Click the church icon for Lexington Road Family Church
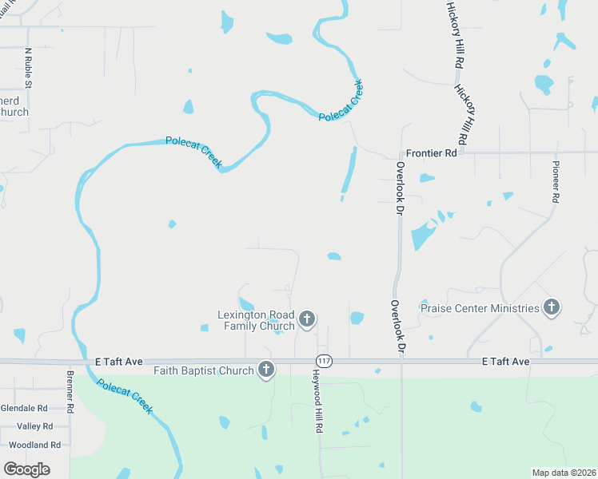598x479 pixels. [306, 320]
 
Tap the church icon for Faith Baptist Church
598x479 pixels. [266, 370]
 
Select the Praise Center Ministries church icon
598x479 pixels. [551, 307]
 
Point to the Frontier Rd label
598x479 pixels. [431, 152]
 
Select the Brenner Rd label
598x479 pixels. [70, 391]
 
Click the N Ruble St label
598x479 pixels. [29, 68]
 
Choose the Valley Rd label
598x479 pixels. [34, 426]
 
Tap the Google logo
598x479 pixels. [26, 469]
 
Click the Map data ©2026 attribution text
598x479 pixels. [564, 473]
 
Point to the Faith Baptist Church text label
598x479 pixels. [203, 370]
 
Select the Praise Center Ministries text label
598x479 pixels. [480, 308]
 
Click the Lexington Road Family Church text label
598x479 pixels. [256, 320]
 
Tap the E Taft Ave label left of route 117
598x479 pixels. [118, 362]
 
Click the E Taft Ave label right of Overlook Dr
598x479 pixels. [506, 362]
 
